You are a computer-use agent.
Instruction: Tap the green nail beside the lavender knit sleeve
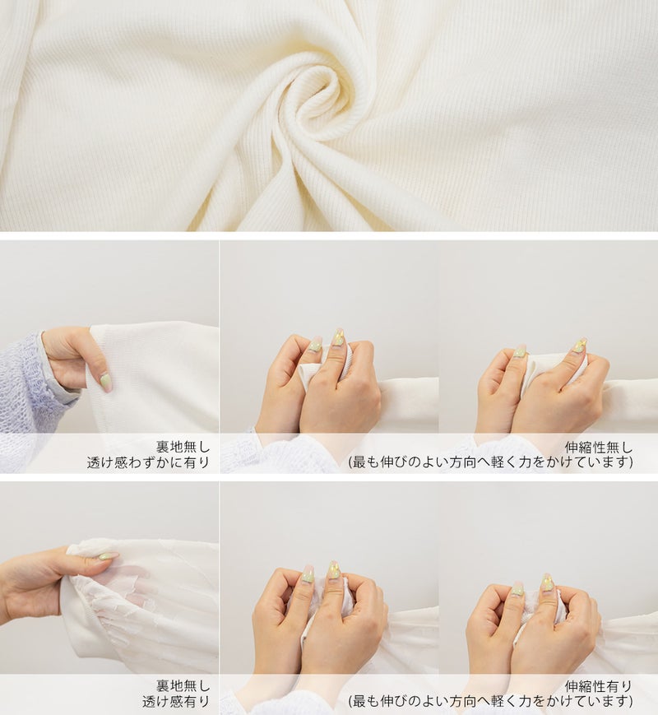coord(106,382)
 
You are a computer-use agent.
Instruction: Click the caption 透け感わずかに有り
coord(148,462)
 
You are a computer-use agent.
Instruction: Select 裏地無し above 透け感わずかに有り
coord(183,447)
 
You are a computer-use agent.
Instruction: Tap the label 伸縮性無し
coord(598,447)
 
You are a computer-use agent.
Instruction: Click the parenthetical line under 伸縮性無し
coord(491,462)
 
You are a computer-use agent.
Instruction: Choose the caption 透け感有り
coord(175,701)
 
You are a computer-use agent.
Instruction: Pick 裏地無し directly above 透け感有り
coord(183,685)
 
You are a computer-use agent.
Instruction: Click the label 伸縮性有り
coord(598,686)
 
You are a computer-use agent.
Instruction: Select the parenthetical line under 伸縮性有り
coord(491,701)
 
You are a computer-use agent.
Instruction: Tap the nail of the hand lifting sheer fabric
coord(108,556)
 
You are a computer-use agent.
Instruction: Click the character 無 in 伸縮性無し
coord(613,447)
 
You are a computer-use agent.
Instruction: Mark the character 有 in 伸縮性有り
coord(613,686)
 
